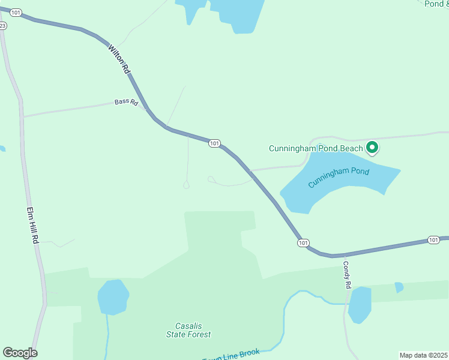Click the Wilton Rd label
click(119, 58)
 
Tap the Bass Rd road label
click(126, 103)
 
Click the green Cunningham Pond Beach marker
click(372, 147)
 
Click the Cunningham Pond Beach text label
click(316, 148)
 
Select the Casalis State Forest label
click(188, 330)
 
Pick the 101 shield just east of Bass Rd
click(214, 143)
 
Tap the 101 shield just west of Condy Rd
click(303, 242)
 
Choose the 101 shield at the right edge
click(433, 240)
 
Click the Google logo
click(20, 353)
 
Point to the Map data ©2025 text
click(423, 355)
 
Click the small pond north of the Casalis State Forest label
click(113, 296)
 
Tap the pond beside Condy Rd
click(360, 304)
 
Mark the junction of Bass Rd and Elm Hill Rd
click(22, 116)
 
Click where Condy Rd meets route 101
click(345, 254)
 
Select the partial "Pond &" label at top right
click(435, 4)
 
